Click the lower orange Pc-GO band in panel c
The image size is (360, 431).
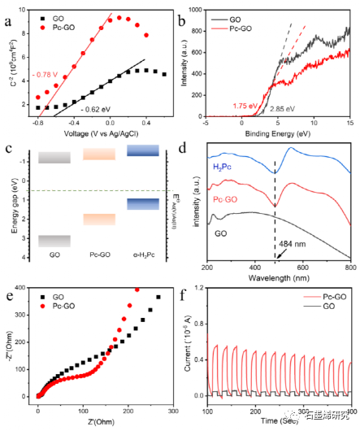pos(99,219)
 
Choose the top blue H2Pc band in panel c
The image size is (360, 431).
pos(143,150)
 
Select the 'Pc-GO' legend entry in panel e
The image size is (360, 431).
pos(67,307)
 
